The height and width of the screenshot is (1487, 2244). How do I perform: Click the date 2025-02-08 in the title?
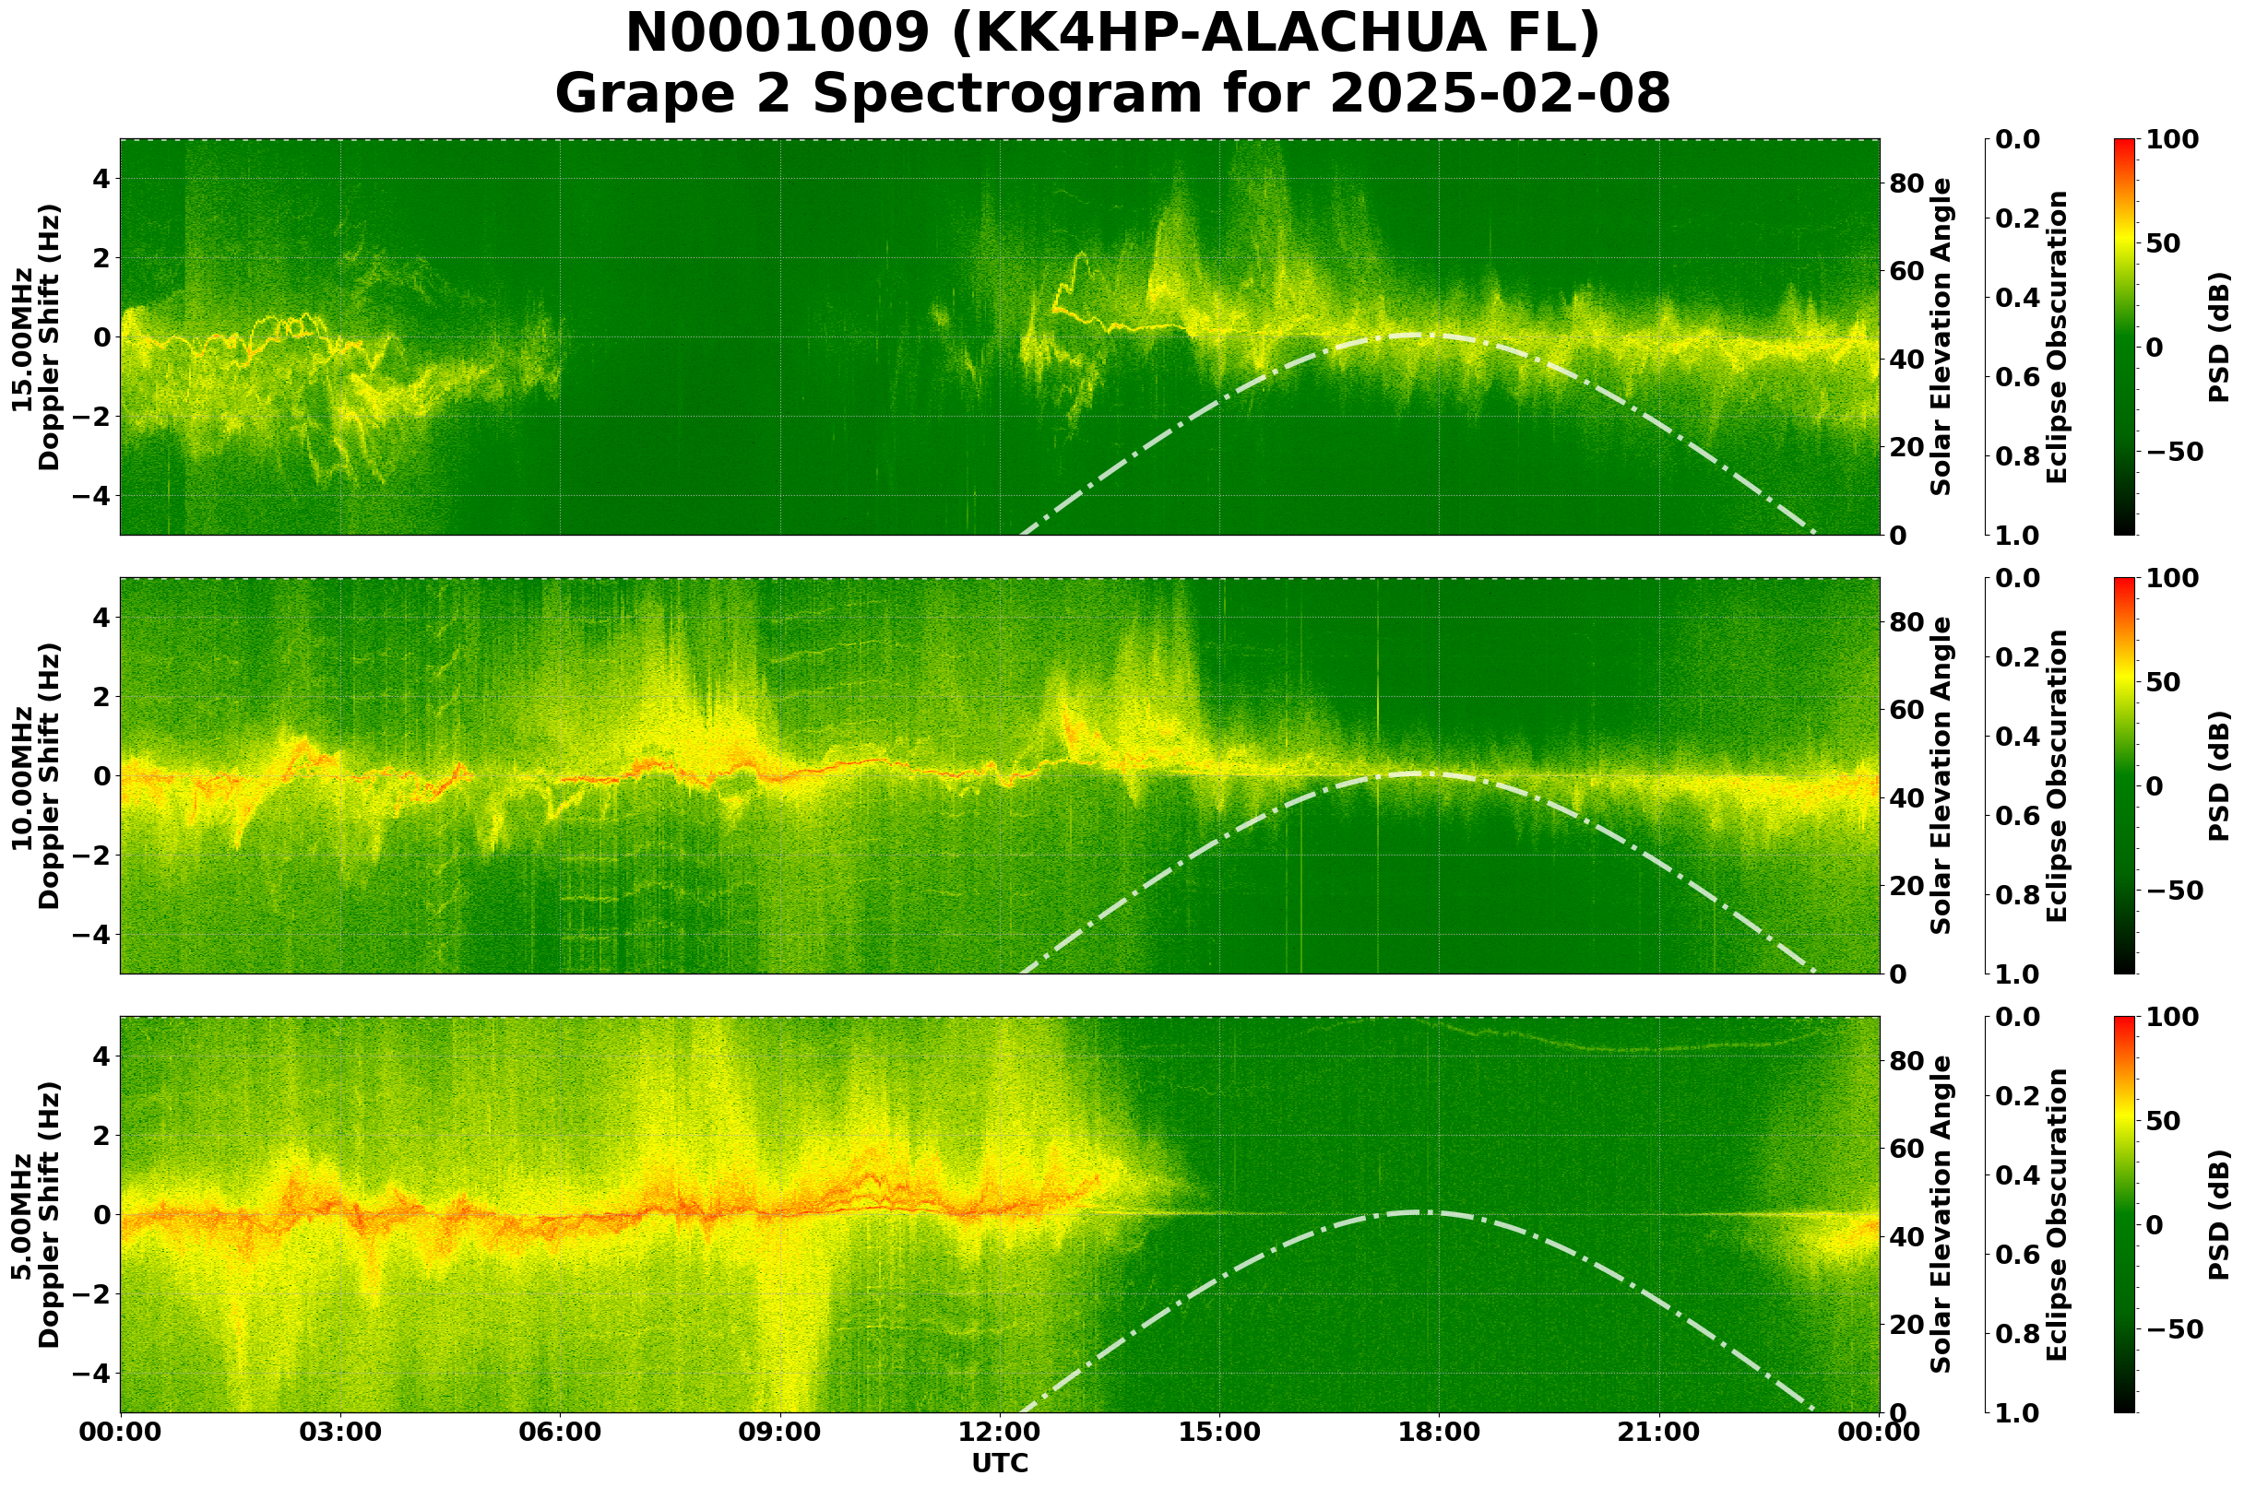[1499, 95]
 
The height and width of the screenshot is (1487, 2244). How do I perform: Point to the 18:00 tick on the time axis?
[1438, 1432]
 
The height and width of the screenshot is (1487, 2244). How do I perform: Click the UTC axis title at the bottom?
[999, 1463]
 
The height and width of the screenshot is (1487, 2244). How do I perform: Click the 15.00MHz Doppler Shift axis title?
[36, 336]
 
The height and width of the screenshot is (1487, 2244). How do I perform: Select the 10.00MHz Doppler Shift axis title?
[36, 775]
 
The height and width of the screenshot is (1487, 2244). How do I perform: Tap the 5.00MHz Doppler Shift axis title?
[36, 1215]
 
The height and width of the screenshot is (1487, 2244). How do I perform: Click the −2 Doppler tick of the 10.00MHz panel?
[93, 856]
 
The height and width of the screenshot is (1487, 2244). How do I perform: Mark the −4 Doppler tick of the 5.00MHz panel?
[93, 1374]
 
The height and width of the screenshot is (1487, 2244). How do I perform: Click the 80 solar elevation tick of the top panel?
[1905, 183]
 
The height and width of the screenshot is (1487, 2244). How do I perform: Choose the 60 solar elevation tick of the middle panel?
[1905, 710]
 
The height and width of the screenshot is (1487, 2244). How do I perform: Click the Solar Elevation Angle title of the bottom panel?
[1941, 1215]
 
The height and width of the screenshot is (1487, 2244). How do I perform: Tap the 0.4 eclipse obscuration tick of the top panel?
[2023, 298]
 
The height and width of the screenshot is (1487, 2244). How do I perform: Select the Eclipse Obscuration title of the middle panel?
[2057, 775]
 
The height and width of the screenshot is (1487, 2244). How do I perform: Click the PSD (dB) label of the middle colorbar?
[2218, 775]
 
